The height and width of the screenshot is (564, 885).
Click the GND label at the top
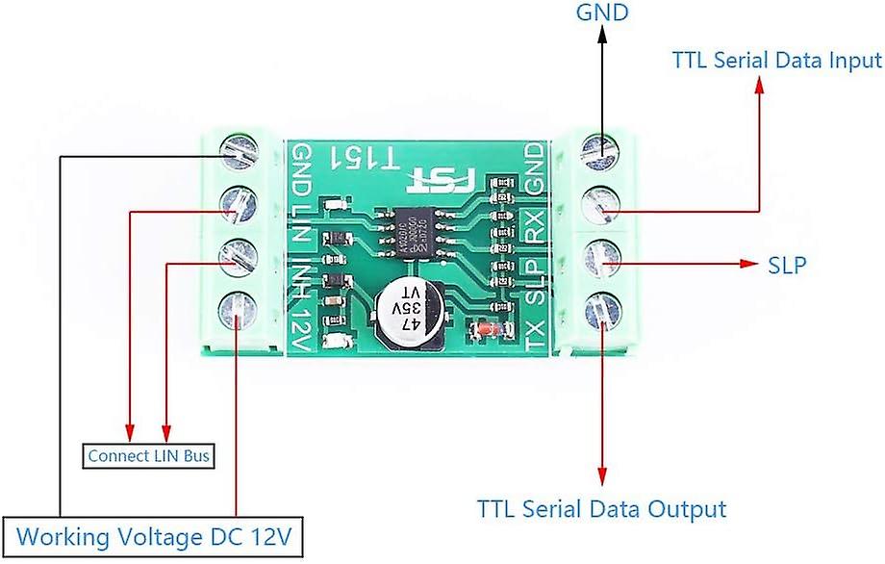point(601,13)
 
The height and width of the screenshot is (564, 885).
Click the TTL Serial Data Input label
point(777,60)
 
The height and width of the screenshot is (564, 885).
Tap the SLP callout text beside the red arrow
point(787,264)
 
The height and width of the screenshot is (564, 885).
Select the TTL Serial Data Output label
point(602,507)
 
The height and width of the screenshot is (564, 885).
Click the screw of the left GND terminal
point(239,150)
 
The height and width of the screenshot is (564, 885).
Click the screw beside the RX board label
point(601,202)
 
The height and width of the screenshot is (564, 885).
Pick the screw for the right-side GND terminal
point(601,148)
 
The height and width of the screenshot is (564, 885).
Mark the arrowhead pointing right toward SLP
point(747,264)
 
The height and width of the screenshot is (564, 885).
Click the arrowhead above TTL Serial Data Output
point(603,476)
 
